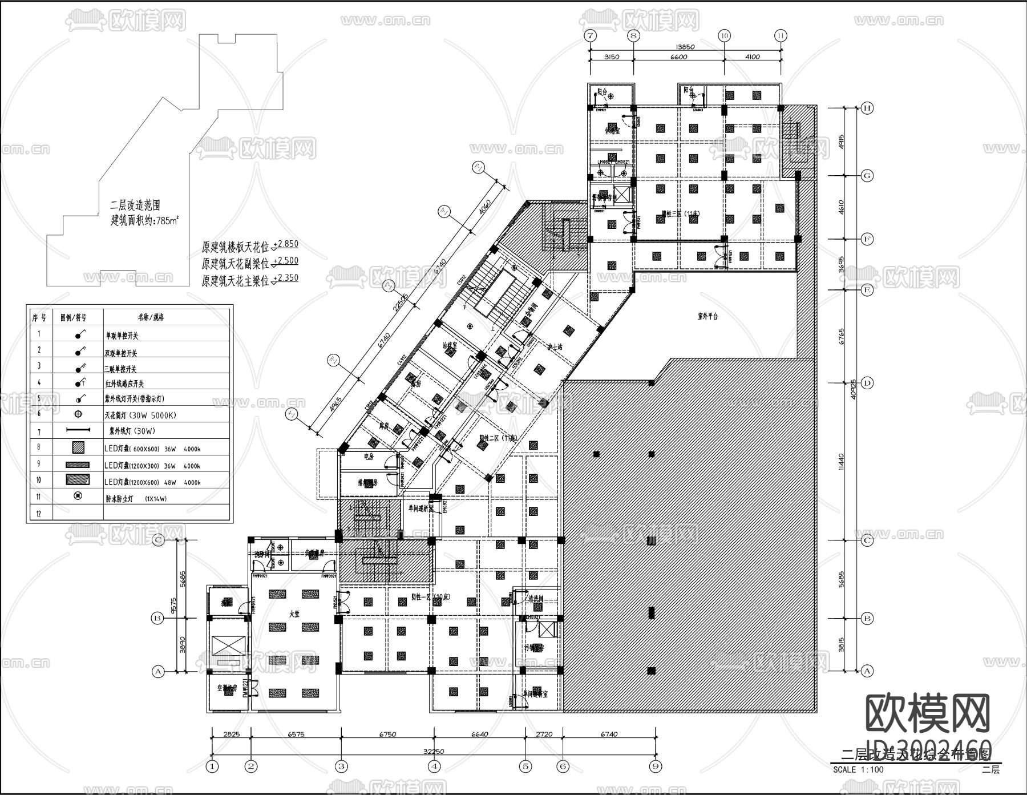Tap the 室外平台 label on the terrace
click(x=707, y=316)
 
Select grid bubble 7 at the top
click(x=590, y=35)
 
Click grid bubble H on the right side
click(x=867, y=108)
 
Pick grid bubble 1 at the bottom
click(x=212, y=766)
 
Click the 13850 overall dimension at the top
click(x=685, y=47)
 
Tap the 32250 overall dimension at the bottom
click(x=434, y=752)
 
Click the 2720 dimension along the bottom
click(x=544, y=735)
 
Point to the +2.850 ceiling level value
click(x=285, y=244)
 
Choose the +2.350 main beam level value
click(x=285, y=278)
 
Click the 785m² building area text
click(x=144, y=221)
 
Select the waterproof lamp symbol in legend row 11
click(x=78, y=497)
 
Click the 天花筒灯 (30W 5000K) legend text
click(x=140, y=415)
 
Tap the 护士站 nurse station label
click(x=555, y=346)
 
